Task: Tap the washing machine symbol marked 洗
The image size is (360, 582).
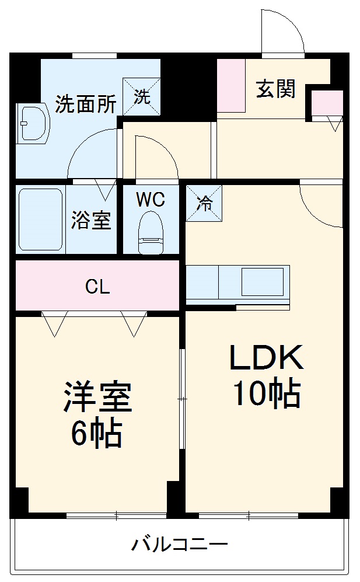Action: point(141,96)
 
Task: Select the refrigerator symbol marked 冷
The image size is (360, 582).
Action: point(204,203)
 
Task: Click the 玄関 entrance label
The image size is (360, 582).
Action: point(275,89)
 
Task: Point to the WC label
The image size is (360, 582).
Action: point(151,200)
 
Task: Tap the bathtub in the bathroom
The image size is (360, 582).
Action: point(40,219)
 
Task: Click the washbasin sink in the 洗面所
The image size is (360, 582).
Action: point(32,123)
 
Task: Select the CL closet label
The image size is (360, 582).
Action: point(97,287)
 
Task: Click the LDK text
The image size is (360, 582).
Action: point(266,358)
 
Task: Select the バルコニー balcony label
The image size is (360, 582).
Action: point(179,545)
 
